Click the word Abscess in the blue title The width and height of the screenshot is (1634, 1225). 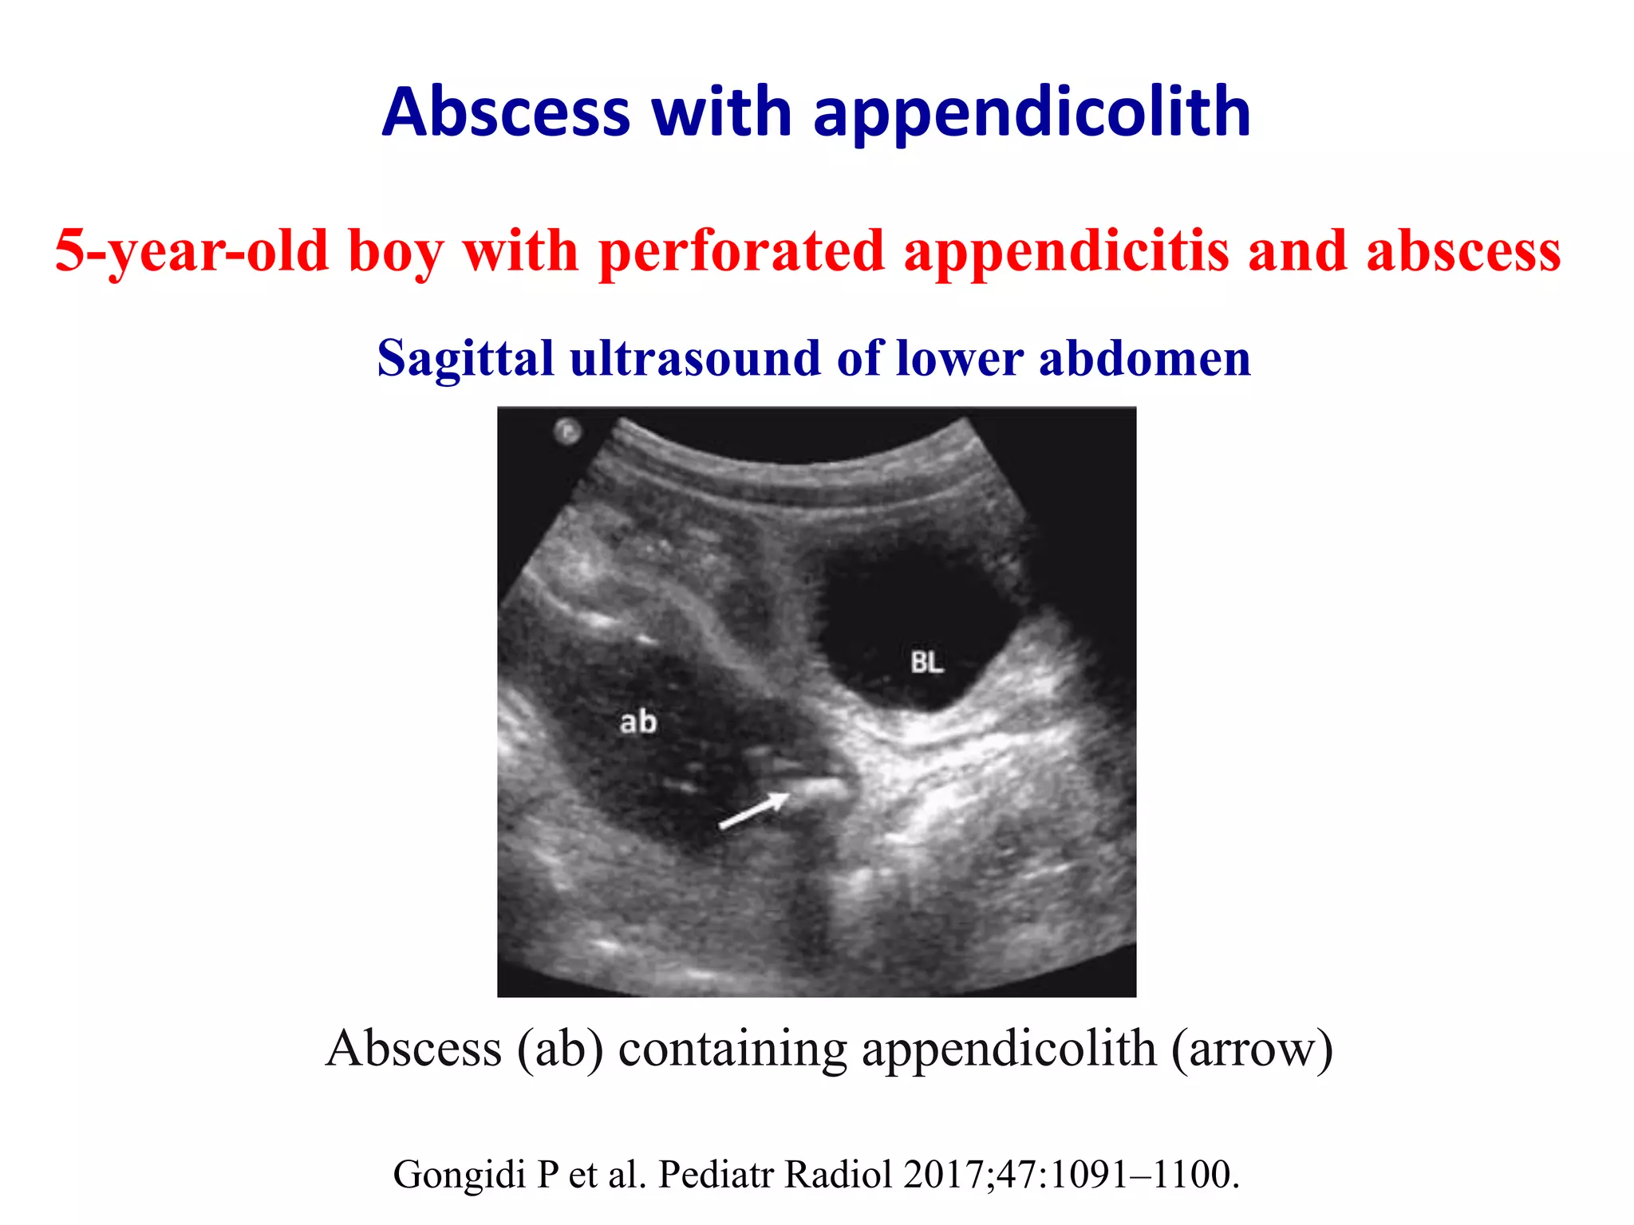[x=506, y=112]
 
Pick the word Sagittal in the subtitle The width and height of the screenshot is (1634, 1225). [x=465, y=358]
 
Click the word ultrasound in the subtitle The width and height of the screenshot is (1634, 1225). [x=695, y=358]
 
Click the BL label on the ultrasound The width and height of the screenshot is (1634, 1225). [x=926, y=662]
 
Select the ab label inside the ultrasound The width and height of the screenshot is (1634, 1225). [x=638, y=723]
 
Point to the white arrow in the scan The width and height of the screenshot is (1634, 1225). [x=754, y=811]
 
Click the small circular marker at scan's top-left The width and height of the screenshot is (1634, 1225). [x=568, y=431]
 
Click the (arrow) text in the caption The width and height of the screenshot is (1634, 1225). [x=1252, y=1048]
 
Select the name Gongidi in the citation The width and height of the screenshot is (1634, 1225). [x=461, y=1175]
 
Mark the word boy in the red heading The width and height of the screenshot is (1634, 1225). [x=395, y=251]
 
